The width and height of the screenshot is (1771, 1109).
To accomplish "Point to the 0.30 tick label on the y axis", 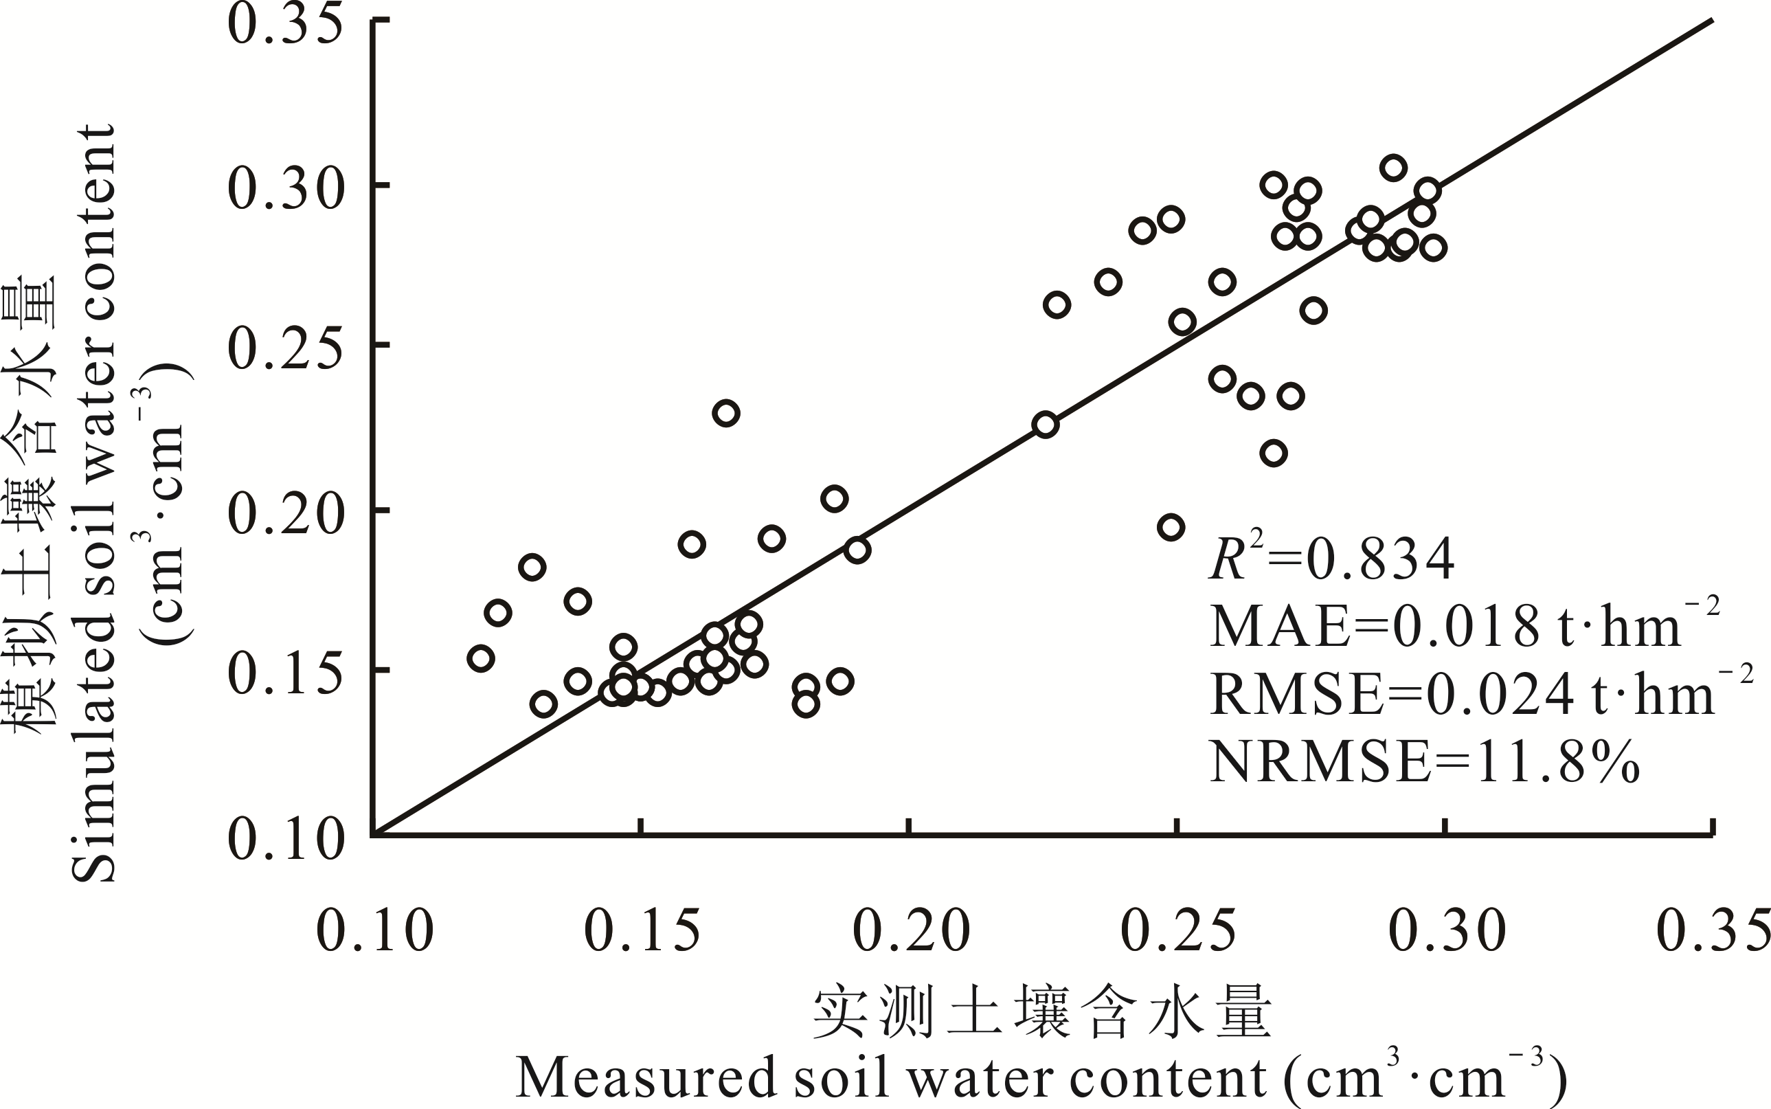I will click(286, 186).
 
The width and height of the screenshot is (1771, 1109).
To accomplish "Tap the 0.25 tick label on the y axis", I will click(286, 348).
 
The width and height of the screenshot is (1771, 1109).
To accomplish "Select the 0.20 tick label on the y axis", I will click(286, 511).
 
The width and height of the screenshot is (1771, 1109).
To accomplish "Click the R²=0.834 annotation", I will click(1332, 559).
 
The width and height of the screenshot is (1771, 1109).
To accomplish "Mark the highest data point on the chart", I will click(1393, 168).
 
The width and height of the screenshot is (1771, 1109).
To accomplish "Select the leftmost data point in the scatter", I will click(480, 659).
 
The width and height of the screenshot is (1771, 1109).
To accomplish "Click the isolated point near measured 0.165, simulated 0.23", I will click(726, 413).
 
